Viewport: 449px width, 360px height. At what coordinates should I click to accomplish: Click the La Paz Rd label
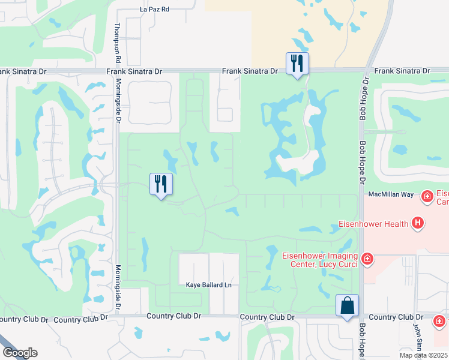[155, 10]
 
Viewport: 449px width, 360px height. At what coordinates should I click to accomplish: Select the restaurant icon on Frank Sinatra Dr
[297, 64]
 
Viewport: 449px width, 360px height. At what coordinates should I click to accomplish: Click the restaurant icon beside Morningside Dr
[161, 184]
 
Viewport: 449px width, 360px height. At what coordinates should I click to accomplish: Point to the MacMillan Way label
[391, 194]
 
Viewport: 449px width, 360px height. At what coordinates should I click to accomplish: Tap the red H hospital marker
[418, 224]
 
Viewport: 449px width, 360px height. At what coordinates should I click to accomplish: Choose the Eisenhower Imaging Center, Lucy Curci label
[320, 259]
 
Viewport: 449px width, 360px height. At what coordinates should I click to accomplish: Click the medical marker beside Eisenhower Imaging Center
[367, 259]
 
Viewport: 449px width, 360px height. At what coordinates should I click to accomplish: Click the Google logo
[20, 353]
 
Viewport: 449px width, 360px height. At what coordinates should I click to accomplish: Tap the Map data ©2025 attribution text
[424, 355]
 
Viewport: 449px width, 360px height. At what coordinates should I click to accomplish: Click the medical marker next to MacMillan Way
[427, 196]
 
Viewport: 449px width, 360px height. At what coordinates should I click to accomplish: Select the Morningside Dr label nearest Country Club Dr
[118, 288]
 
